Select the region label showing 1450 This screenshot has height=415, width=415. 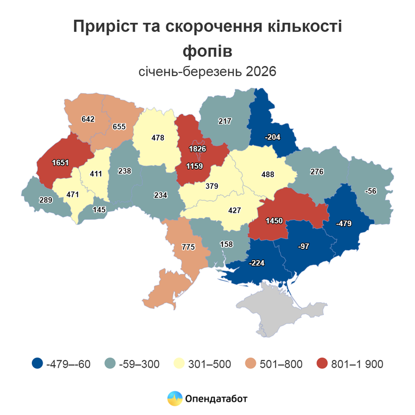(x=275, y=220)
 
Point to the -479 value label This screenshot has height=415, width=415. (x=344, y=223)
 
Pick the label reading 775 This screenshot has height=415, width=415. (x=188, y=247)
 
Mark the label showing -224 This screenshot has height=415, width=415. (x=258, y=262)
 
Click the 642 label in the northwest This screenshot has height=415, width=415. (x=88, y=119)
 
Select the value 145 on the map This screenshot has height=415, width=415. (x=99, y=209)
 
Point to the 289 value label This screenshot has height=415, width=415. (x=45, y=200)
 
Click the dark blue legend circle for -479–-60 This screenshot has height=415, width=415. (x=37, y=364)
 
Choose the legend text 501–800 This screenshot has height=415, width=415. (x=281, y=364)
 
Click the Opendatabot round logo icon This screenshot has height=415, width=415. (x=175, y=398)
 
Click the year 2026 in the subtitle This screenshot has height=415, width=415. (x=261, y=71)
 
